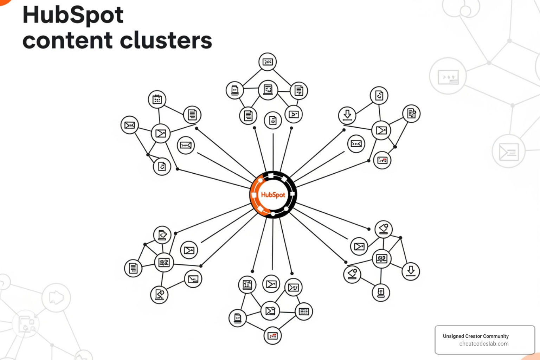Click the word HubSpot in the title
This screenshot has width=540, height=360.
[73, 15]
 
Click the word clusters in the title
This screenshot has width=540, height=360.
[167, 40]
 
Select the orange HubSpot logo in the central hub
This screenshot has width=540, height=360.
[273, 195]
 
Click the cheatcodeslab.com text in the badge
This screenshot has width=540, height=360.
[484, 344]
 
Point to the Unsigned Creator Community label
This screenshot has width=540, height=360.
[476, 336]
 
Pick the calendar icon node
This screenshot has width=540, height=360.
[157, 99]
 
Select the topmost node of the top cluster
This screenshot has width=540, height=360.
[268, 62]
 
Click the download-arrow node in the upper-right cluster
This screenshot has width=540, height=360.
[347, 115]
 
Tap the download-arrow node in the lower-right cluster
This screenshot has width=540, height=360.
[411, 271]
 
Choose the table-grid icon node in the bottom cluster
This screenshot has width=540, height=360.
[304, 311]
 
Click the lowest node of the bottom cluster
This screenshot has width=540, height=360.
[273, 336]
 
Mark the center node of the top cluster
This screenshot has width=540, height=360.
[268, 90]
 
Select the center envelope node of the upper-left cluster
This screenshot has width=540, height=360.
[161, 134]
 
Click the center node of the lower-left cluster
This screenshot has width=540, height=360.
[164, 262]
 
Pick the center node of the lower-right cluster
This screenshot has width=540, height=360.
[382, 259]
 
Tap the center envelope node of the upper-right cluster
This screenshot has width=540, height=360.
[381, 130]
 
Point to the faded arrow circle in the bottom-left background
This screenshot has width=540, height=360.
[56, 298]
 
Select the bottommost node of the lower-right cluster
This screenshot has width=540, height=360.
[381, 292]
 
